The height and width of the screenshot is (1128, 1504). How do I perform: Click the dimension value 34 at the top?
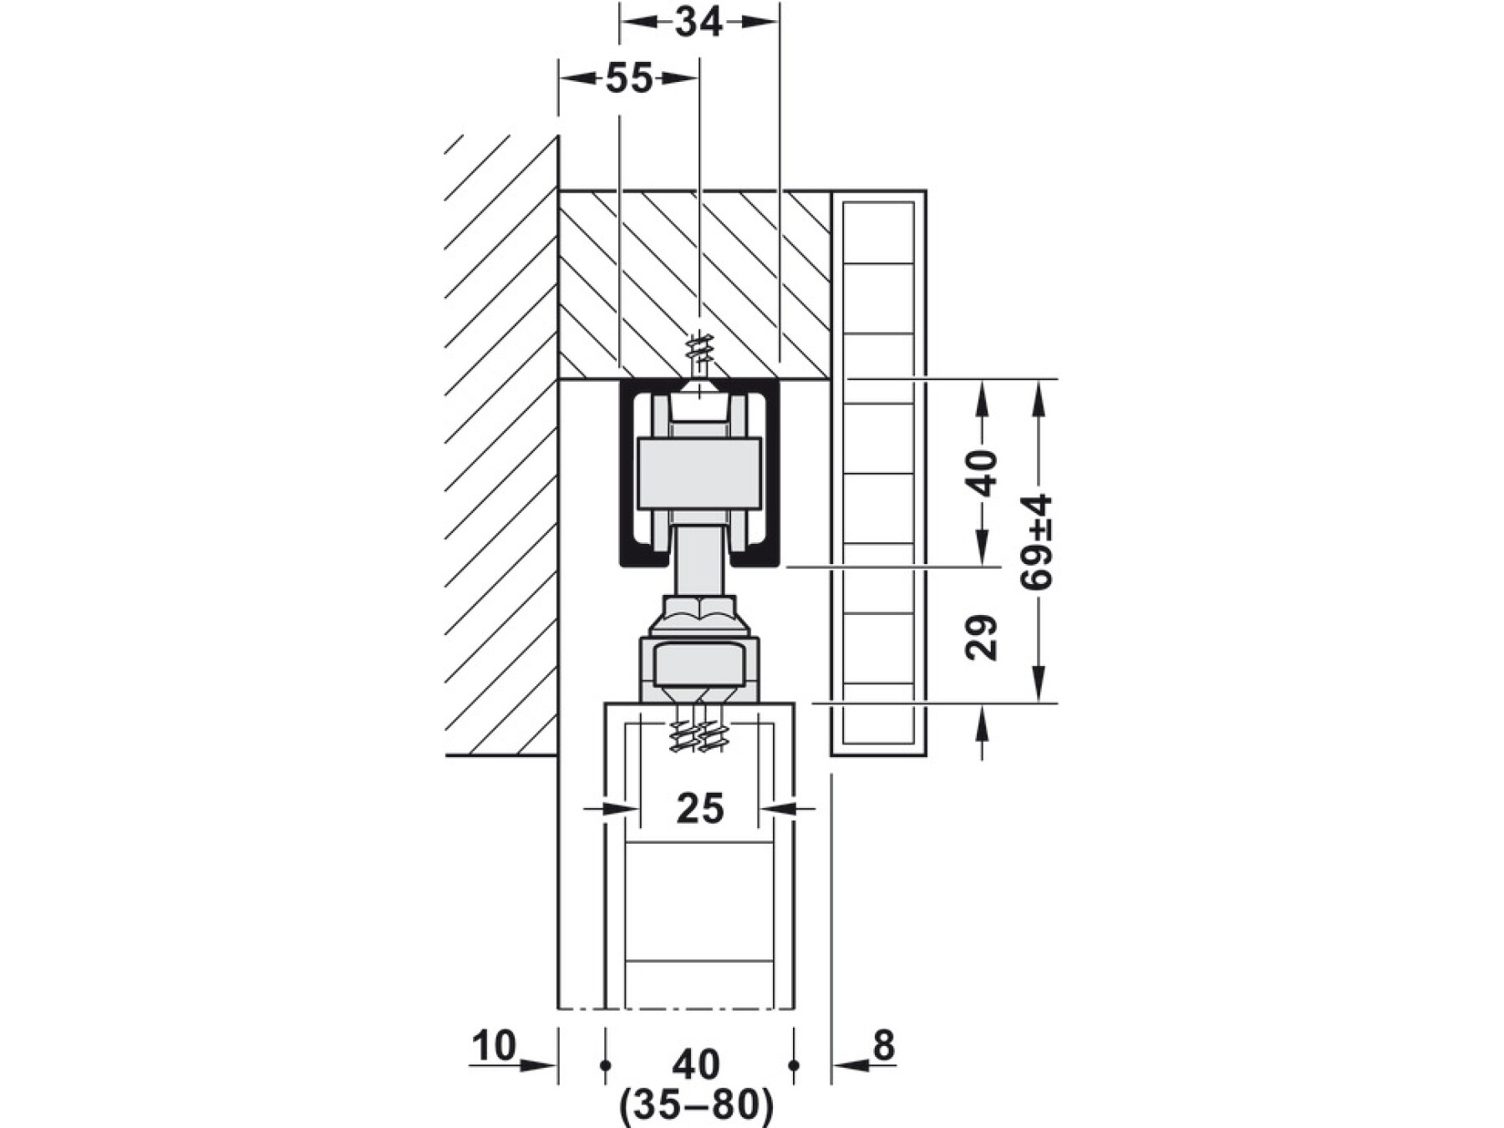click(699, 23)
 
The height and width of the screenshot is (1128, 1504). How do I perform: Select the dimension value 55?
click(628, 79)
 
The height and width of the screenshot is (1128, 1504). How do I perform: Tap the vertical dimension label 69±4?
click(1037, 541)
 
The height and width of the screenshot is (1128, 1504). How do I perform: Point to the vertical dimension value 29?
click(983, 638)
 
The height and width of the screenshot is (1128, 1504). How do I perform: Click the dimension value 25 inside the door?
click(700, 809)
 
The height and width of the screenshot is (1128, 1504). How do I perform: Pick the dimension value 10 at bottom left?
click(494, 1046)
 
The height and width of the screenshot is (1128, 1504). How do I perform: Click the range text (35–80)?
click(697, 1106)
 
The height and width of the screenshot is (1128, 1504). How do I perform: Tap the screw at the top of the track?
click(699, 355)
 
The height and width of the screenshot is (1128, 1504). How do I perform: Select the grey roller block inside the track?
click(699, 474)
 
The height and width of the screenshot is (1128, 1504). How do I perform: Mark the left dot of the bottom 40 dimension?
click(605, 1065)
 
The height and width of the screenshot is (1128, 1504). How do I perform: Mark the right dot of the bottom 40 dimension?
click(794, 1065)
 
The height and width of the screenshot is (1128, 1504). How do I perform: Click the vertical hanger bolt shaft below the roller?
click(699, 560)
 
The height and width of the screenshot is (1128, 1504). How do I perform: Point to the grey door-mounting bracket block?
click(699, 668)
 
